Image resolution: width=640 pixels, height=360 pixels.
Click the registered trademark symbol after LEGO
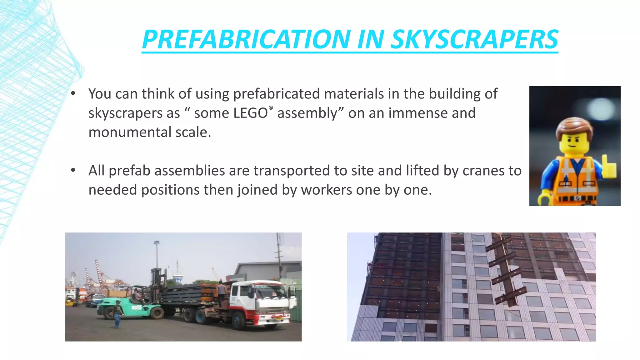tap(271, 108)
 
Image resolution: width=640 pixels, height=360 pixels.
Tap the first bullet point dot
tap(73, 93)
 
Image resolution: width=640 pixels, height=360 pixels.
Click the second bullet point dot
tap(73, 170)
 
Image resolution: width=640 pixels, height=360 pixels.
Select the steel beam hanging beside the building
tap(505, 272)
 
